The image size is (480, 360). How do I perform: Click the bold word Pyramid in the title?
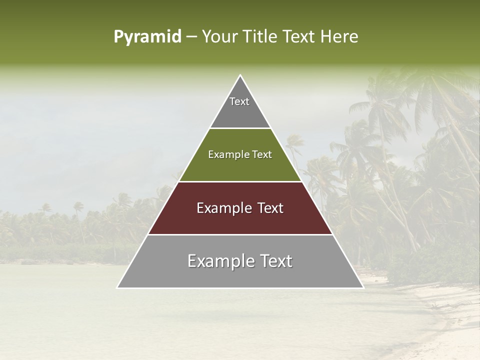(x=147, y=37)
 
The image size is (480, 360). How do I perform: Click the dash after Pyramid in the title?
(x=191, y=37)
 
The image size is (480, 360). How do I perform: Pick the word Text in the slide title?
(x=301, y=37)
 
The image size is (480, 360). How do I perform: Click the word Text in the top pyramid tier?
(x=239, y=101)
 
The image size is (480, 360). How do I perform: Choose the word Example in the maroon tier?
(x=221, y=208)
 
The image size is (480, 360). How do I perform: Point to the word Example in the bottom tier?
(x=219, y=261)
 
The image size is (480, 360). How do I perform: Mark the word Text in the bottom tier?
(x=274, y=261)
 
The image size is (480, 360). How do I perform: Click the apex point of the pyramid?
(x=240, y=75)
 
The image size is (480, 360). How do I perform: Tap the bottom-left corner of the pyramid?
(x=117, y=287)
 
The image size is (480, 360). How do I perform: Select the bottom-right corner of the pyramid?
(x=363, y=287)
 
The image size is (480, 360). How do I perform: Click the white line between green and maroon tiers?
(x=240, y=181)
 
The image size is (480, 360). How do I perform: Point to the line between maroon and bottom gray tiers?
(x=240, y=234)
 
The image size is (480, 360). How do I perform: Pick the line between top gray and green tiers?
(x=240, y=128)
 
